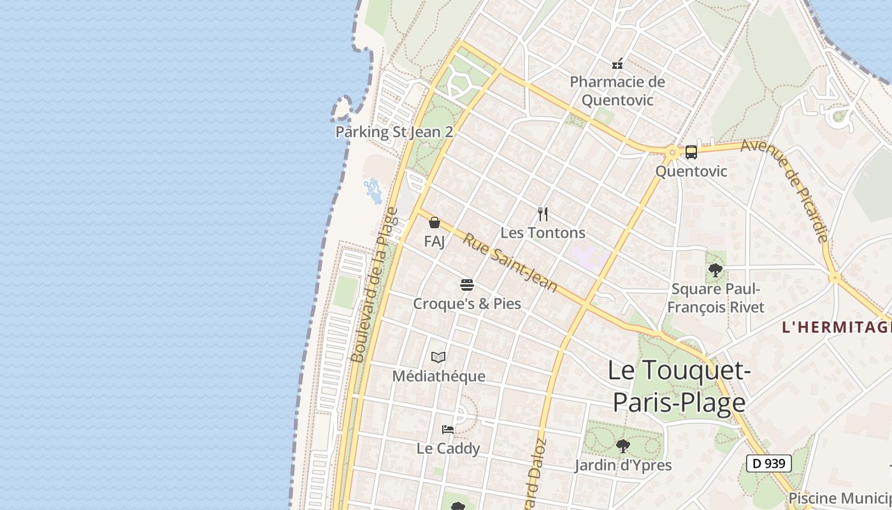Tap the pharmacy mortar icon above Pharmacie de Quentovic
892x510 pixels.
[x=617, y=64]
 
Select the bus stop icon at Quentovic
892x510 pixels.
[x=691, y=152]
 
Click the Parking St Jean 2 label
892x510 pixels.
[x=394, y=132]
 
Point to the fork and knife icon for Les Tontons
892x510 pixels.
[x=543, y=214]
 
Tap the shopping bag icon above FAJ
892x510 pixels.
[x=435, y=222]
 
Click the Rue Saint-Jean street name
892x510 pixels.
[x=510, y=263]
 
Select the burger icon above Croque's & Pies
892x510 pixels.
[x=467, y=284]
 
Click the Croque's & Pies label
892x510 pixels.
[x=467, y=303]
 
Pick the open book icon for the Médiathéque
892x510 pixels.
[x=438, y=357]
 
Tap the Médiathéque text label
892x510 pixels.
[x=438, y=376]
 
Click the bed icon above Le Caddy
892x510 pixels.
[x=448, y=430]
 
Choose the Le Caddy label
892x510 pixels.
[x=448, y=448]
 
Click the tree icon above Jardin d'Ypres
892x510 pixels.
[x=622, y=446]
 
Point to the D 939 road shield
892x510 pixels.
[x=768, y=463]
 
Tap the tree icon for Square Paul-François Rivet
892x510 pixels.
[x=716, y=270]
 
